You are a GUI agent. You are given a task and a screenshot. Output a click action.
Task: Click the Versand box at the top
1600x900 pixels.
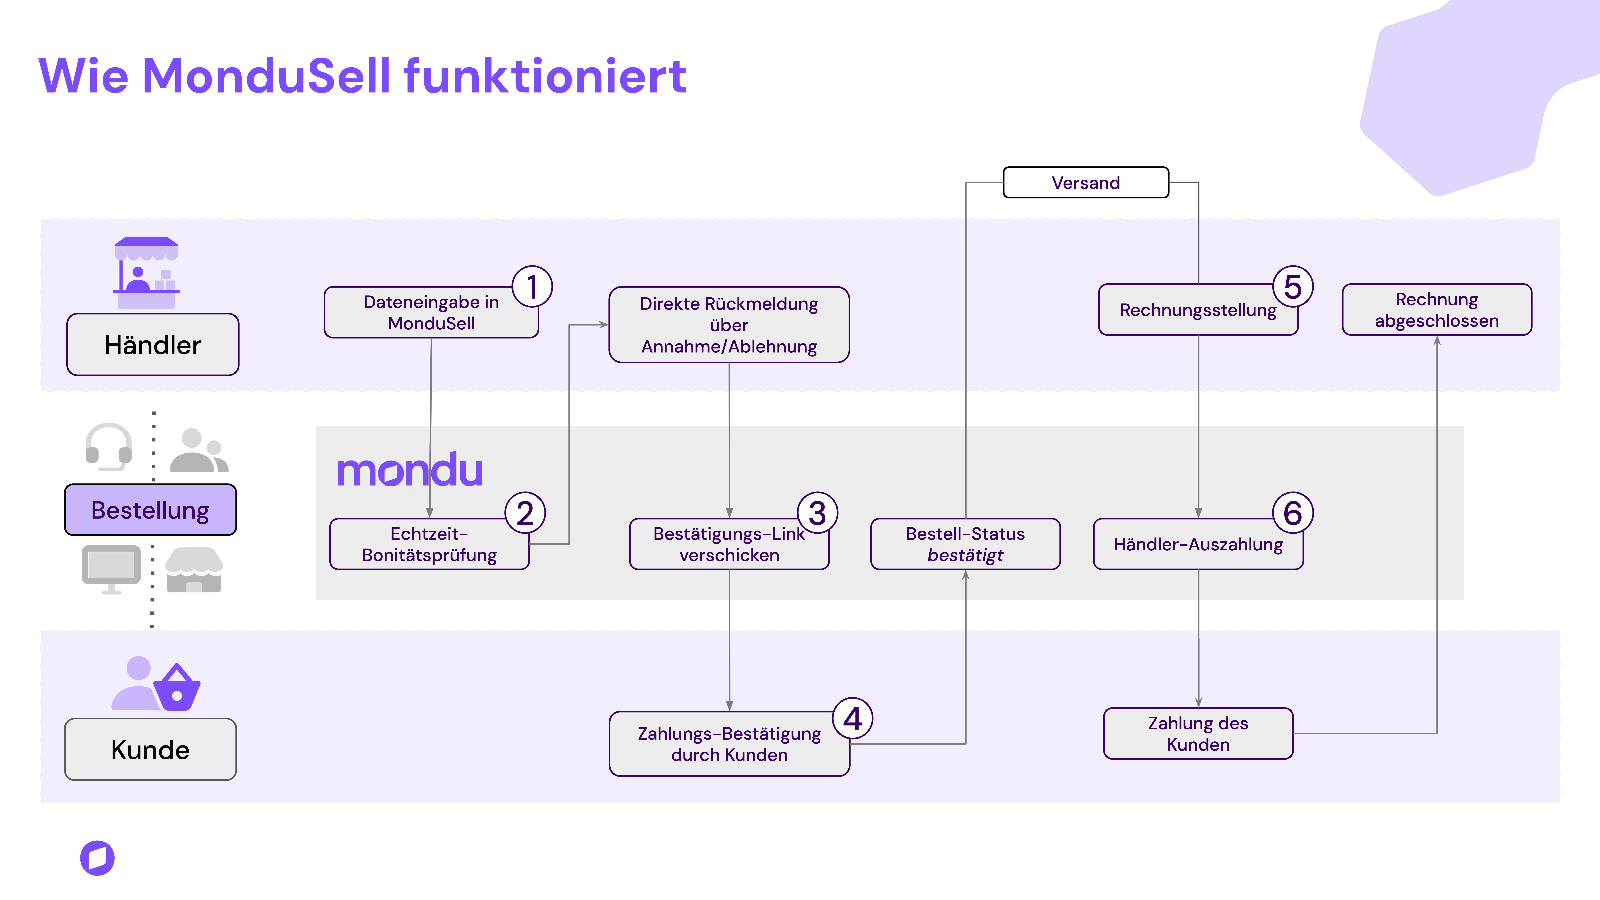pos(1086,183)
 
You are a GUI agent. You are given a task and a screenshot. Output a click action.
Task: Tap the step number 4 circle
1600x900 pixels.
pos(853,719)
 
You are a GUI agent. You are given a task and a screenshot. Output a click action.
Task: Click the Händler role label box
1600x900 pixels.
pos(153,345)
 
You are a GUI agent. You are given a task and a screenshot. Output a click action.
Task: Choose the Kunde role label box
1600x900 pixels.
pos(150,750)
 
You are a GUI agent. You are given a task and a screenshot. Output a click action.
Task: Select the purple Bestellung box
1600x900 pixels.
pos(150,510)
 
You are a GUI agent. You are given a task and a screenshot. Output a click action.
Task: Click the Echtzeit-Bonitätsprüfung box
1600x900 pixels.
pos(429,544)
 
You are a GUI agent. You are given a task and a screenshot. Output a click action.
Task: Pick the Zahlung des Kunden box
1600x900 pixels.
pos(1198,734)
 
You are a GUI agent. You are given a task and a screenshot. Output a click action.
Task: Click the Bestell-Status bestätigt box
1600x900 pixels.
pos(965,544)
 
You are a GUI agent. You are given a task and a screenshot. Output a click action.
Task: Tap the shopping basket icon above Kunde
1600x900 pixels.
pos(177,688)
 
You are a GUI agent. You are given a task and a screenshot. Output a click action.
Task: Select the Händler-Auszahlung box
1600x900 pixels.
pos(1198,544)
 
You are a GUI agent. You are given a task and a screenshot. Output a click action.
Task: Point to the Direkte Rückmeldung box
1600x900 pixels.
pos(729,325)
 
